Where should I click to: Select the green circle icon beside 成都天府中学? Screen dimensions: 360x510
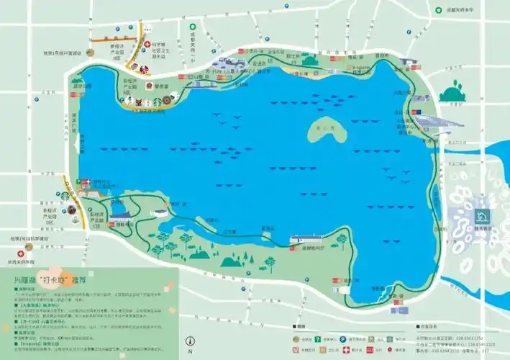[438, 10]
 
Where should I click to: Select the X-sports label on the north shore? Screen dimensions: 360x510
[365, 68]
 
